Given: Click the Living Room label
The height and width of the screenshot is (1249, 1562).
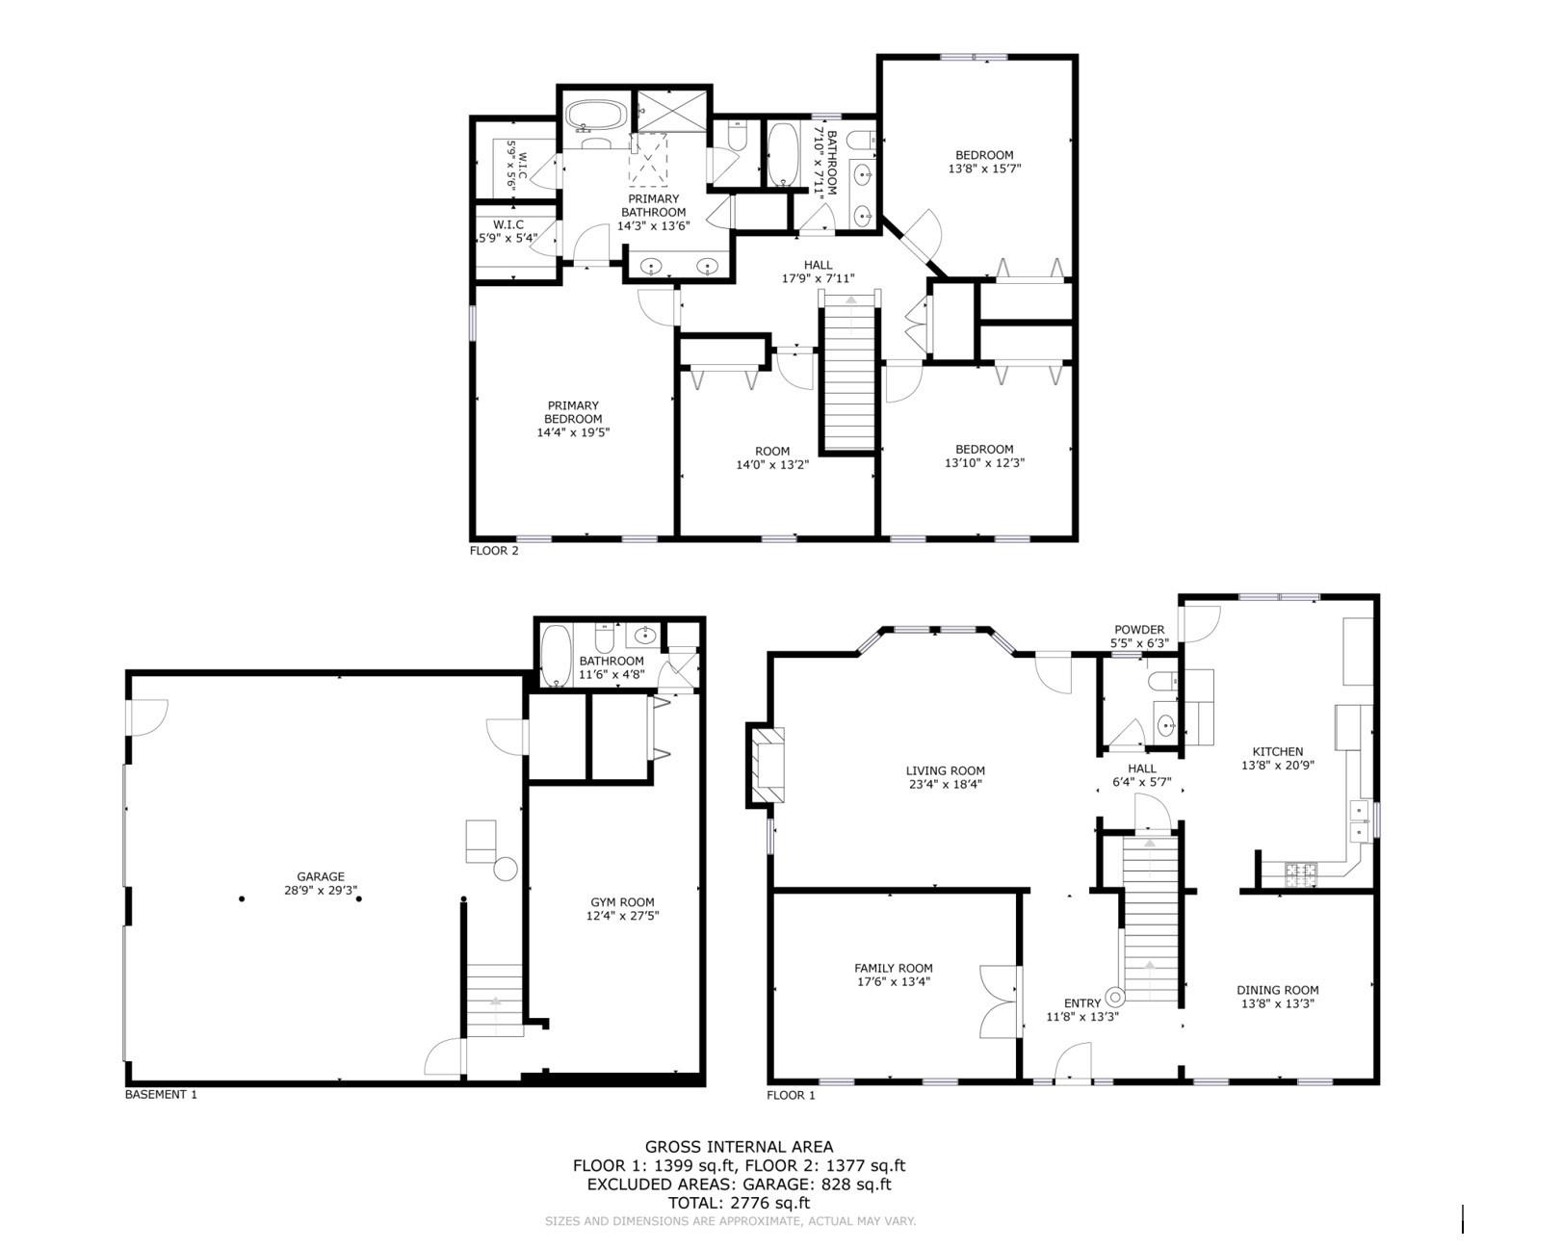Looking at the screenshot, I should [x=945, y=770].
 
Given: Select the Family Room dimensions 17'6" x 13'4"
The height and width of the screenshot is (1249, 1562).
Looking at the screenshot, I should [x=893, y=982].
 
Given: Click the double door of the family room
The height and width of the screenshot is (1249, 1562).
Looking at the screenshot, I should [x=1000, y=1002].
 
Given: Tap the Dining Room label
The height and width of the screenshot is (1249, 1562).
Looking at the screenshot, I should [x=1277, y=990].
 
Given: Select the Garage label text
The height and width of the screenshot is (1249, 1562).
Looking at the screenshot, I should [x=321, y=876].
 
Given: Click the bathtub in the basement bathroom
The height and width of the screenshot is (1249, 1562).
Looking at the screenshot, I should [x=556, y=656].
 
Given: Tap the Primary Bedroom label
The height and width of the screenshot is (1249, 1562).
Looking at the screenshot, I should [x=573, y=412].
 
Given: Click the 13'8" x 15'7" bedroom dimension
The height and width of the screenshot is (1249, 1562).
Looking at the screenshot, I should [x=984, y=169].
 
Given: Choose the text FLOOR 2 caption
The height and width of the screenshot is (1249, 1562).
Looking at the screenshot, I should [x=494, y=551].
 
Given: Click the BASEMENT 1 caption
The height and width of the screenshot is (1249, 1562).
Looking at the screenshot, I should [x=161, y=1094].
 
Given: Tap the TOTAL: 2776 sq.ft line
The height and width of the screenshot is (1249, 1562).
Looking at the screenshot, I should [x=739, y=1203].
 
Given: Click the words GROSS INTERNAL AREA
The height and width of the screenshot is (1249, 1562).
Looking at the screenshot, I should [x=739, y=1147].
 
